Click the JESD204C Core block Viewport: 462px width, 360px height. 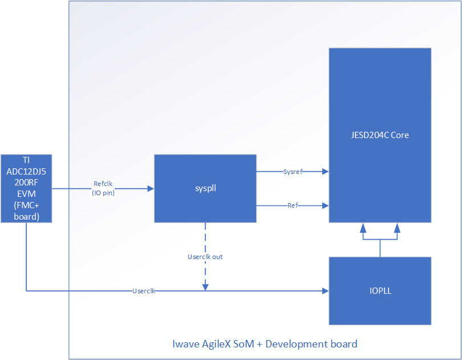[x=379, y=135]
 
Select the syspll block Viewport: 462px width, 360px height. [x=205, y=188]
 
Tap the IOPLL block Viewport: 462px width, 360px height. [x=379, y=291]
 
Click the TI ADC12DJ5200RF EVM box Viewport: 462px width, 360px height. [x=26, y=188]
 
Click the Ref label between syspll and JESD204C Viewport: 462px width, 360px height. [x=293, y=205]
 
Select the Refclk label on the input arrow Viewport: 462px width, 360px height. [x=103, y=184]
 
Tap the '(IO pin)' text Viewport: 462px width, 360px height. [x=103, y=192]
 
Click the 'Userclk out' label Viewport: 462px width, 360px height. [x=205, y=257]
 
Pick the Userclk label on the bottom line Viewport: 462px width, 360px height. [x=144, y=291]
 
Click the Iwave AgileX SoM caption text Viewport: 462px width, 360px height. [x=265, y=344]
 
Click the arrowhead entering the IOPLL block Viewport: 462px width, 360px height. [x=325, y=291]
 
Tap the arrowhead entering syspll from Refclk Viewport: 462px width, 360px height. [x=151, y=188]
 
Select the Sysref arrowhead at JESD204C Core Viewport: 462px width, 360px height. [x=325, y=171]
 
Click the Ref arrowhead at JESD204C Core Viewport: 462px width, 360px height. [x=325, y=205]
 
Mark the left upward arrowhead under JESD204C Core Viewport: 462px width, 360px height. [x=363, y=227]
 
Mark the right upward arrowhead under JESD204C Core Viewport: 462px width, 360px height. [x=397, y=227]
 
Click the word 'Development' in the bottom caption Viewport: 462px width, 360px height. [x=296, y=344]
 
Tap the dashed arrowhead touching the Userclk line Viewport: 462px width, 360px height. [x=205, y=287]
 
